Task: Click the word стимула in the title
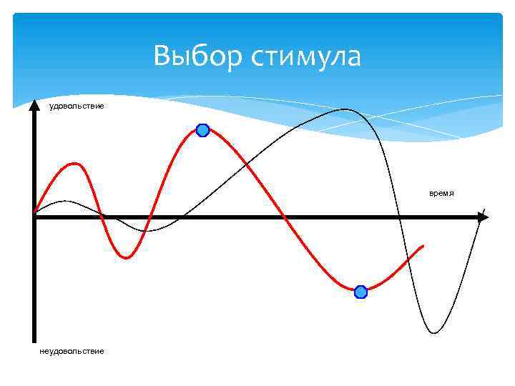[x=305, y=56]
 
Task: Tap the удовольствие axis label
[x=76, y=107]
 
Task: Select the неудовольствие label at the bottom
[x=72, y=351]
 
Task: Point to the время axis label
[x=442, y=194]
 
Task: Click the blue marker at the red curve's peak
[x=202, y=130]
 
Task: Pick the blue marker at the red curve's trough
[x=360, y=292]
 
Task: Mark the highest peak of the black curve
[x=345, y=109]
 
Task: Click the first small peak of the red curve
[x=73, y=164]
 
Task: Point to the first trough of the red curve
[x=127, y=257]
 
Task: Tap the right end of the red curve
[x=423, y=246]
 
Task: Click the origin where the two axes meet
[x=34, y=217]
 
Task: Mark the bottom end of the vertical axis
[x=34, y=341]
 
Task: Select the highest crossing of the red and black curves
[x=246, y=165]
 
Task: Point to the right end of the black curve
[x=484, y=209]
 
